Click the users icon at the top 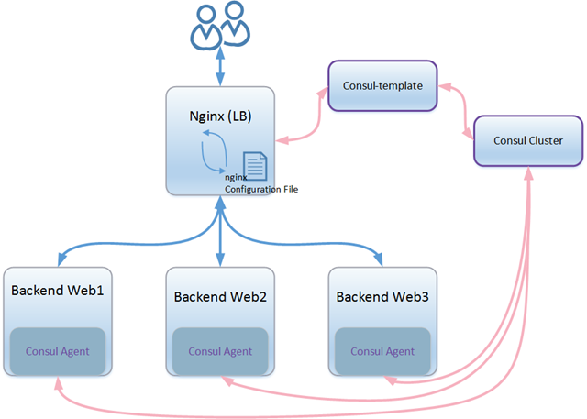(x=219, y=25)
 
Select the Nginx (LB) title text (x=219, y=116)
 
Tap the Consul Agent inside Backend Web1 (x=58, y=350)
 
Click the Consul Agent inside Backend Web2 (x=220, y=351)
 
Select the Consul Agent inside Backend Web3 (x=382, y=351)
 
